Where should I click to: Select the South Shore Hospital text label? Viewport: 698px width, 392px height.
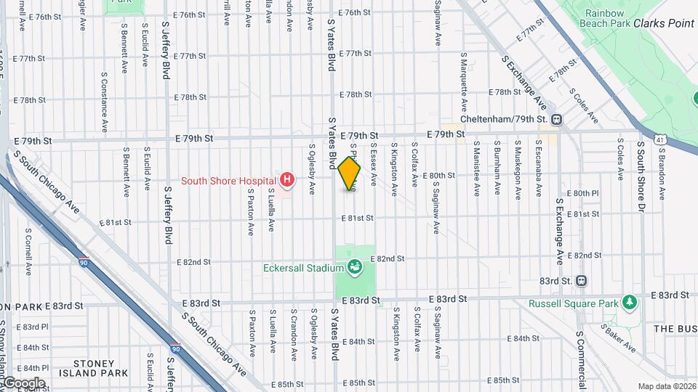click(x=228, y=181)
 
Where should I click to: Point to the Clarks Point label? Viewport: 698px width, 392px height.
click(x=663, y=23)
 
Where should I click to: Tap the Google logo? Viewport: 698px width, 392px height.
click(x=23, y=383)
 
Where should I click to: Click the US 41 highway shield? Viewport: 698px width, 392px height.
click(x=659, y=137)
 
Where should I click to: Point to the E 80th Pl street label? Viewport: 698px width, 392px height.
click(x=585, y=193)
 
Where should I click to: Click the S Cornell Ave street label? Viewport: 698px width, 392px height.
click(x=28, y=252)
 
